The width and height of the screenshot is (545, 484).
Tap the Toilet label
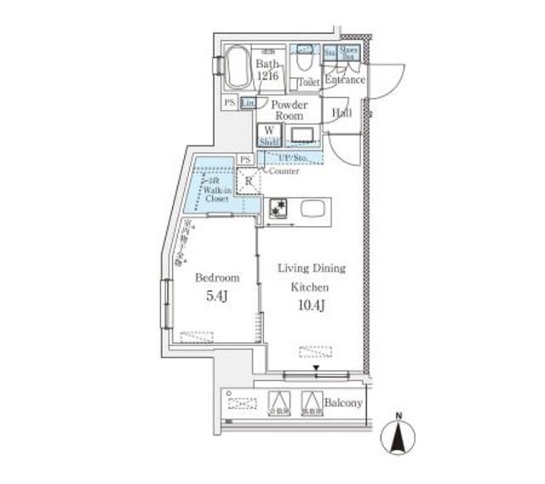click(x=307, y=83)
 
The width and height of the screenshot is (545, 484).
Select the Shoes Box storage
click(x=349, y=53)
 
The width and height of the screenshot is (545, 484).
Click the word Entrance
click(x=345, y=80)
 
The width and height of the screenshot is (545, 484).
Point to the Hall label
click(x=341, y=111)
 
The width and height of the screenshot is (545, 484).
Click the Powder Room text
click(x=289, y=110)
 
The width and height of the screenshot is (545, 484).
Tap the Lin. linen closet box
click(x=248, y=103)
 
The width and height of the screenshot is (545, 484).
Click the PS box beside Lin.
click(x=229, y=103)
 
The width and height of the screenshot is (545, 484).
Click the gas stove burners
click(x=278, y=208)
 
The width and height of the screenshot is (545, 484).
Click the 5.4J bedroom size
click(x=216, y=297)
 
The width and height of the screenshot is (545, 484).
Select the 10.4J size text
click(x=312, y=305)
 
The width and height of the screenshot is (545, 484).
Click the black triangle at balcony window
click(x=316, y=368)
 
